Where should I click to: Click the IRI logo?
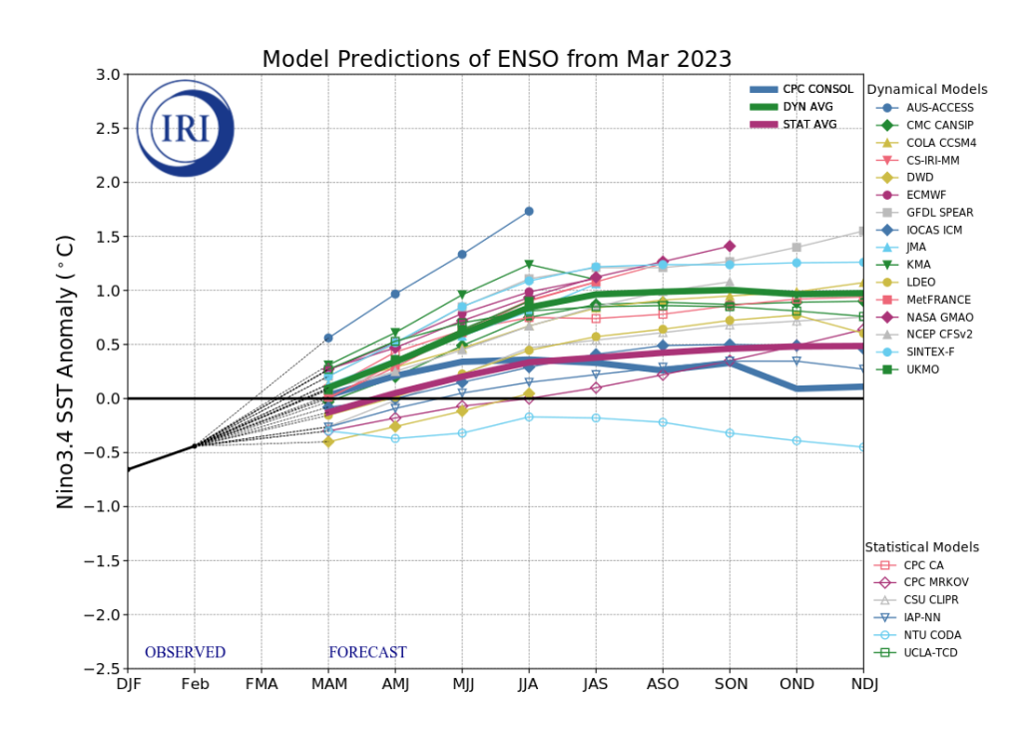coord(185,129)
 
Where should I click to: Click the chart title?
coord(496,59)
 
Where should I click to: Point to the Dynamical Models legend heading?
coord(926,90)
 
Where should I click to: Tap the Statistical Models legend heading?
coord(921,547)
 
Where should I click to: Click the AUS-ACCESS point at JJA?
coord(529,211)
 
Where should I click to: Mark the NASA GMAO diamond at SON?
coord(730,246)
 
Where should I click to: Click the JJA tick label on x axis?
coord(529,685)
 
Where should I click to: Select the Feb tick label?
coord(195,685)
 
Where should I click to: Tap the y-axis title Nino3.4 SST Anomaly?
coord(66,371)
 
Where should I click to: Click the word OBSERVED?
coord(185,653)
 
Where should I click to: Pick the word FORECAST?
coord(367,653)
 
